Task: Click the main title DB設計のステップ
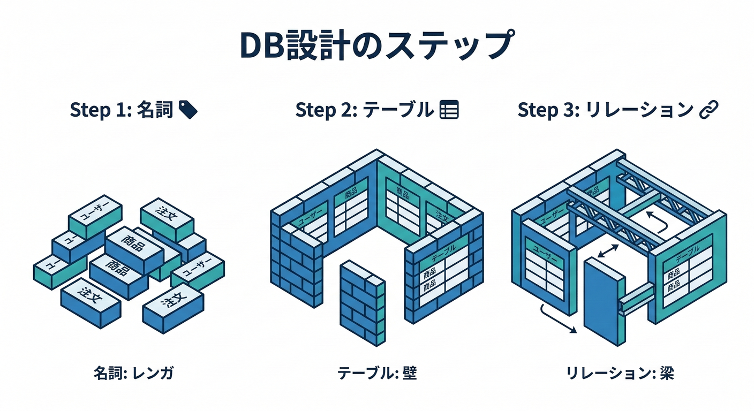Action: click(x=376, y=45)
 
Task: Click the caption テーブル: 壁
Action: click(x=377, y=373)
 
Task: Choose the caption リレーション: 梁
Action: click(x=620, y=373)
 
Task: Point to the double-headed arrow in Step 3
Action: click(x=608, y=250)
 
